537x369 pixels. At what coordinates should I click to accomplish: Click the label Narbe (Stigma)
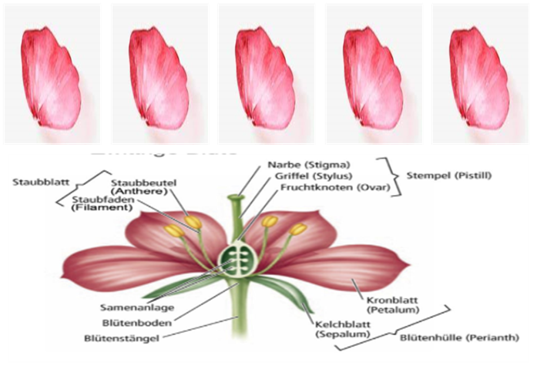pos(308,165)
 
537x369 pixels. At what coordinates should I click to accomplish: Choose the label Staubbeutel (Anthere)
pos(144,186)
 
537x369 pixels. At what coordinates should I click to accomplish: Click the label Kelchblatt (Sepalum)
pos(340,330)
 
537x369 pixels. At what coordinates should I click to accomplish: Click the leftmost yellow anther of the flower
pos(175,230)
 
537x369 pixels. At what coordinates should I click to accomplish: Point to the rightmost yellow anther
pos(297,229)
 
